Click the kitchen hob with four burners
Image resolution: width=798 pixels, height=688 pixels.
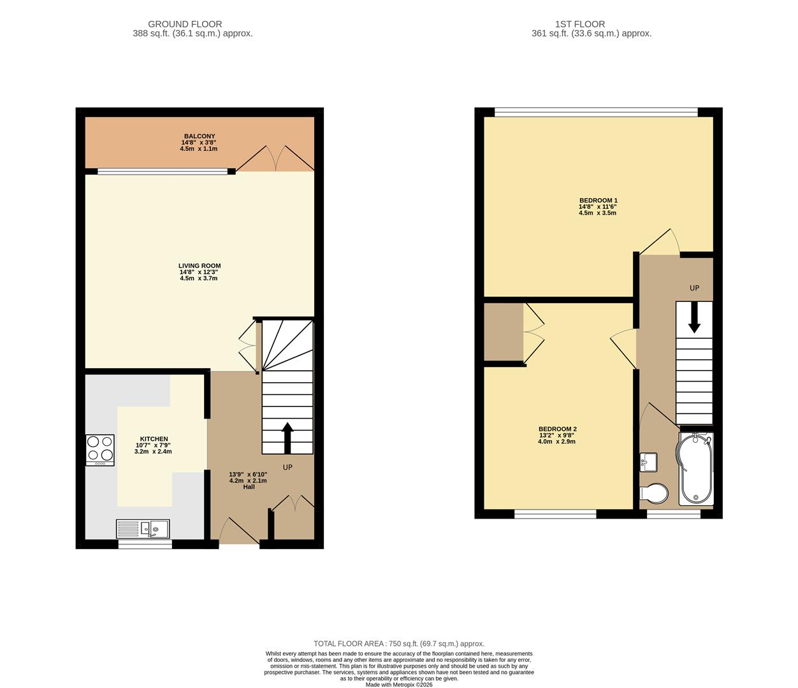(x=100, y=450)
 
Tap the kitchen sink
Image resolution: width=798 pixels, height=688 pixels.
(x=143, y=529)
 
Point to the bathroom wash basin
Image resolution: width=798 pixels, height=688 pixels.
(x=648, y=462)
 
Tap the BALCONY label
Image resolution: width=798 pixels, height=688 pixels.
(x=199, y=136)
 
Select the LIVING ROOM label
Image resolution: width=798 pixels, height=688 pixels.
(x=199, y=266)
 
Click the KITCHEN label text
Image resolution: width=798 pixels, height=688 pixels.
(x=154, y=439)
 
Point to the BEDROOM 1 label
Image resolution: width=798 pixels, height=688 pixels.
(x=597, y=201)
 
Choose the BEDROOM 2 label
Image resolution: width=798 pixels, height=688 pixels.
(x=557, y=429)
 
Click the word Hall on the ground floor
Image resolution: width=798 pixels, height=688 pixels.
(x=249, y=487)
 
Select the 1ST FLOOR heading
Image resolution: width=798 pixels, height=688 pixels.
(x=579, y=24)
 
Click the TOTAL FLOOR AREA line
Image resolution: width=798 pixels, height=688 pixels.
(x=398, y=643)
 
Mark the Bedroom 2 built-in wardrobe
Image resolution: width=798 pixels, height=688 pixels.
(x=504, y=333)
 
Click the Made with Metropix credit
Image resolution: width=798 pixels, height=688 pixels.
(x=398, y=685)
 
